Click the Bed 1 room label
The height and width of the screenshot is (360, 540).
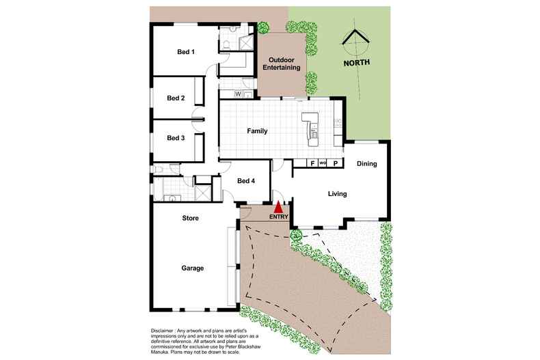click(186, 52)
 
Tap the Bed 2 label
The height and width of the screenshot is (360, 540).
click(176, 98)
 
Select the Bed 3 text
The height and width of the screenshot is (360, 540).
click(176, 137)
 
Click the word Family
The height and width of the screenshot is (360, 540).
click(257, 131)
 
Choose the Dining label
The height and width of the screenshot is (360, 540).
click(367, 164)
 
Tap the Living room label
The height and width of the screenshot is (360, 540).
click(337, 194)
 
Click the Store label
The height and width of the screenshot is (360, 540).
click(190, 219)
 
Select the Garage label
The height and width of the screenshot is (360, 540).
click(192, 268)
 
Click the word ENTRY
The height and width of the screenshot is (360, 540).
click(278, 217)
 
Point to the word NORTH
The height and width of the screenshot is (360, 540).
click(357, 62)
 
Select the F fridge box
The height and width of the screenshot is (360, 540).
click(312, 163)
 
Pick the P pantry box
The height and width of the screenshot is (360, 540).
click(335, 163)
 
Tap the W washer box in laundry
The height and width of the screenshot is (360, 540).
click(238, 94)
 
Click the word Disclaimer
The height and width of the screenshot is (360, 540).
click(166, 331)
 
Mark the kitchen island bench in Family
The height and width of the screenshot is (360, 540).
click(312, 126)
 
